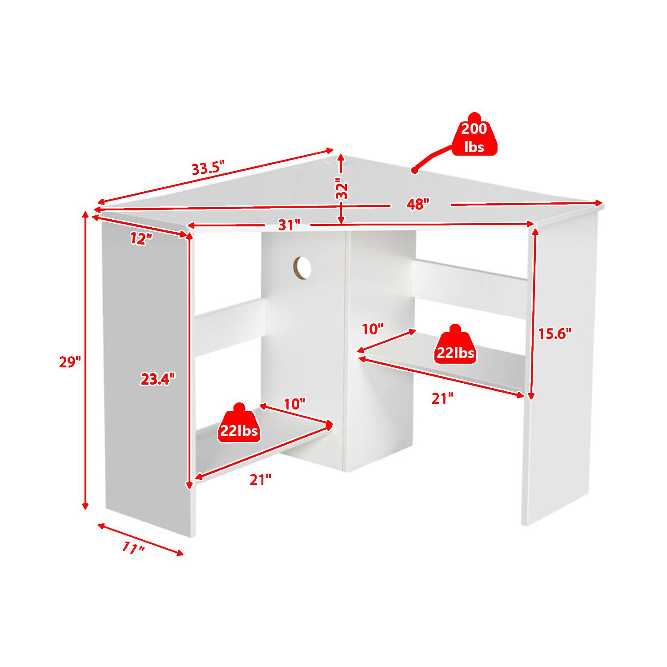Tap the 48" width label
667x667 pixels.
coord(418,205)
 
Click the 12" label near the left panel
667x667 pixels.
coord(141,239)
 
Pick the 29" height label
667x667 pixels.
coord(70,362)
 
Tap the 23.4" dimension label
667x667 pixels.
coord(158,379)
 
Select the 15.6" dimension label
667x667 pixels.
coord(554,333)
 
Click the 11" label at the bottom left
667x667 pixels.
coord(133,548)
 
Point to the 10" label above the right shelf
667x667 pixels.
coord(373,329)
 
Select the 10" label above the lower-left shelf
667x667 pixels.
coord(295,404)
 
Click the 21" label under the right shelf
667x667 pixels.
coord(443,398)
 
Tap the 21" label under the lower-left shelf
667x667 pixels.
coord(260,480)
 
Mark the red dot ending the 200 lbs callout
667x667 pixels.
coord(414,170)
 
